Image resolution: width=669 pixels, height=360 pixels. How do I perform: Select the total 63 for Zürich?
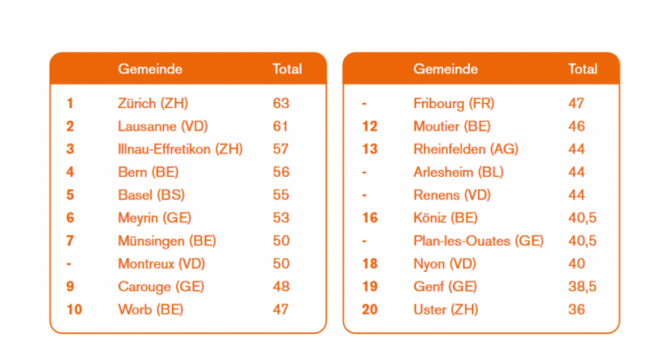coord(280,103)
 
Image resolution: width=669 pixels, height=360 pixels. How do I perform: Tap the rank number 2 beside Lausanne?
coord(70,126)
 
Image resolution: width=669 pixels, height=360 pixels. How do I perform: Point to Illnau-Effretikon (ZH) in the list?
coord(180,149)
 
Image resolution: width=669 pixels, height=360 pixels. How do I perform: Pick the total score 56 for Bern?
coord(280,172)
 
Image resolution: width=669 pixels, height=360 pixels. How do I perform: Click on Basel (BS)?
coord(151,194)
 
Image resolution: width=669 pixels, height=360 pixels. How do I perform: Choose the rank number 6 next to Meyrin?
coord(70,218)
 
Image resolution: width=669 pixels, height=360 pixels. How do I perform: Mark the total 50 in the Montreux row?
coord(280,263)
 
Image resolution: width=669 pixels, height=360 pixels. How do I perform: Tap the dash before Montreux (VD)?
coord(69,263)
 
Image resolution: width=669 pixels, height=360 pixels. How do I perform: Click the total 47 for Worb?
coord(280,309)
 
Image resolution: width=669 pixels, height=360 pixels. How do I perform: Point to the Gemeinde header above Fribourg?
coord(445,69)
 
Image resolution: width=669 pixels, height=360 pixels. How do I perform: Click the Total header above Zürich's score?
coord(287,69)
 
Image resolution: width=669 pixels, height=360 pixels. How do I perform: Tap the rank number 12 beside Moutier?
coord(369,126)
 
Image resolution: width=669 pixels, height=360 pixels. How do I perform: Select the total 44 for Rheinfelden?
coord(576,149)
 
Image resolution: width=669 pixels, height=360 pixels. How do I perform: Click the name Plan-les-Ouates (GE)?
coord(478,241)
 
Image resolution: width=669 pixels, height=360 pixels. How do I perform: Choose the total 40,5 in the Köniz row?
coord(582,218)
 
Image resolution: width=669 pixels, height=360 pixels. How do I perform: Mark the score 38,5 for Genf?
coord(582,286)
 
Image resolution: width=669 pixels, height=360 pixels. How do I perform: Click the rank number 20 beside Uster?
coord(369,309)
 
